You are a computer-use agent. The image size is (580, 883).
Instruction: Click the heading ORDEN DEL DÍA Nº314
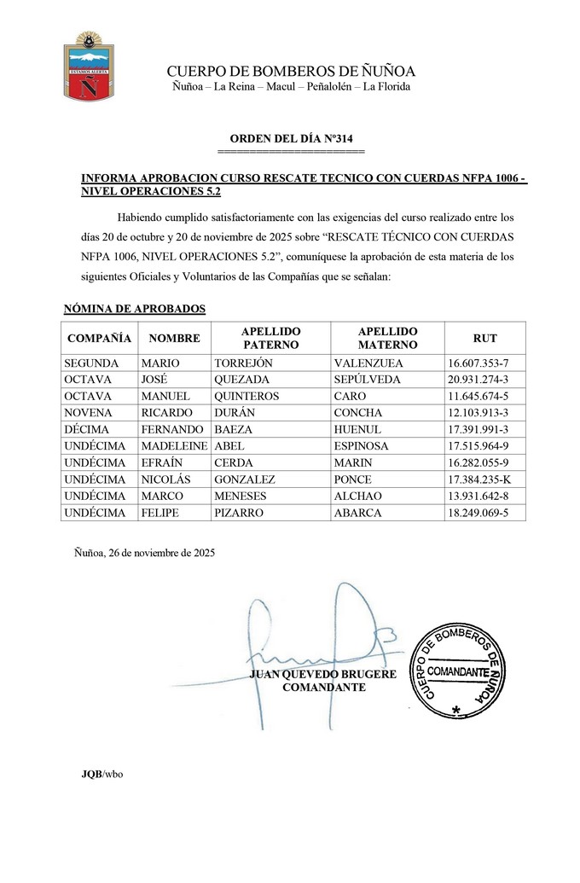pos(291,138)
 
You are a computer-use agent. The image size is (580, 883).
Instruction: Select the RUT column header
pos(484,338)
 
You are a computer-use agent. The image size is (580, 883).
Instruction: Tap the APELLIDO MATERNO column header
pos(387,338)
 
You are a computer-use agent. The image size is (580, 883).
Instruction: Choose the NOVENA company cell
pos(89,413)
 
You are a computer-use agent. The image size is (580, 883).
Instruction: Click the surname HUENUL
pos(357,430)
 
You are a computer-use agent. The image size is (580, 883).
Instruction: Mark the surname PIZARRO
pos(240,513)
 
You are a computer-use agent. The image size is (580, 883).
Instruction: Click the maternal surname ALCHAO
pos(358,497)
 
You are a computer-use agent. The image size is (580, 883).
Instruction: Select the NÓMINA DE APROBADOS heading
pos(135,308)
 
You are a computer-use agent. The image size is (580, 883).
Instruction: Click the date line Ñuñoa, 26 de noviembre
pos(145,552)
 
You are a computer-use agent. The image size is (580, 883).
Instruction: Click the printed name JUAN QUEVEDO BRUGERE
pos(323,675)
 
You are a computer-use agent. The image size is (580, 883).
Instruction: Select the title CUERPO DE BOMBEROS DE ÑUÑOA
pos(291,71)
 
